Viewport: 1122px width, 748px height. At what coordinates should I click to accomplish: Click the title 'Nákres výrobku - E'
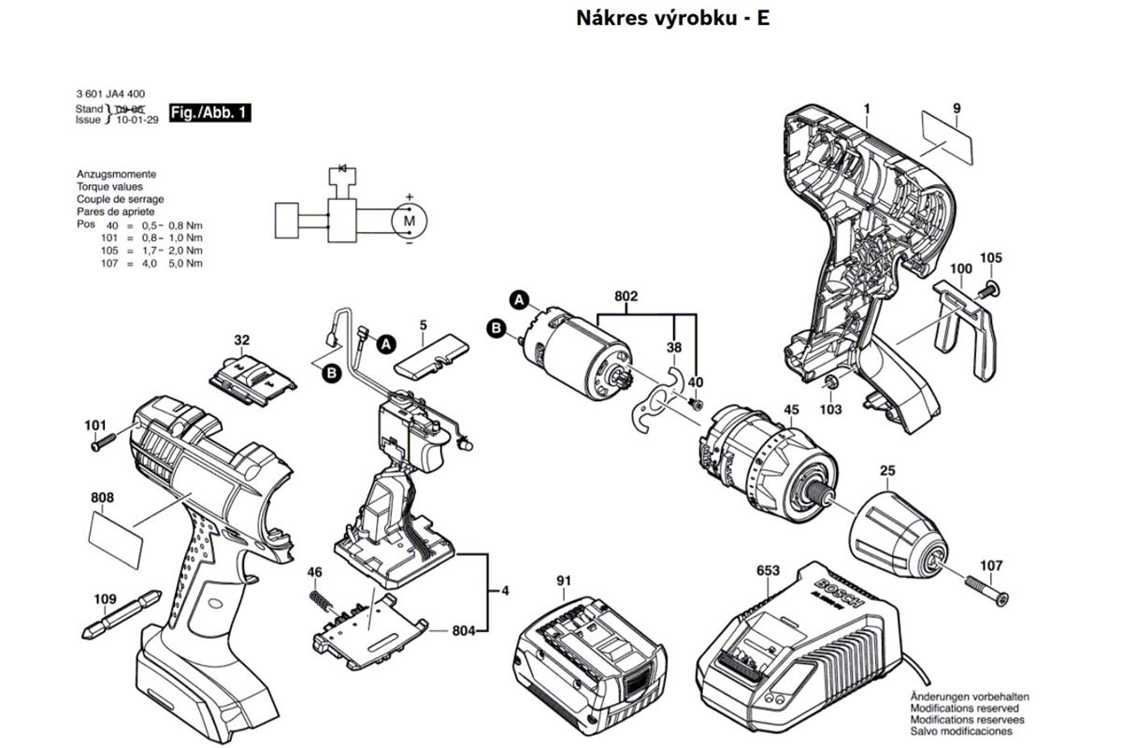point(672,19)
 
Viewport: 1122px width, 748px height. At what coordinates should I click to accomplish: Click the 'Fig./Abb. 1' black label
point(210,114)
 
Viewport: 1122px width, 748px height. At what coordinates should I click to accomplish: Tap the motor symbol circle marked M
point(408,220)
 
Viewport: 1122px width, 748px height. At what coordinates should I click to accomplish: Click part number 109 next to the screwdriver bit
point(106,599)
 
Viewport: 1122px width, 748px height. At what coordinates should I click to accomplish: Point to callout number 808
point(103,498)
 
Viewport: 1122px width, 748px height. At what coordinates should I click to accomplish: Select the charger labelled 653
point(804,645)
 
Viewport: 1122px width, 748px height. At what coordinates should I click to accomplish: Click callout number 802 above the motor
point(626,296)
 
